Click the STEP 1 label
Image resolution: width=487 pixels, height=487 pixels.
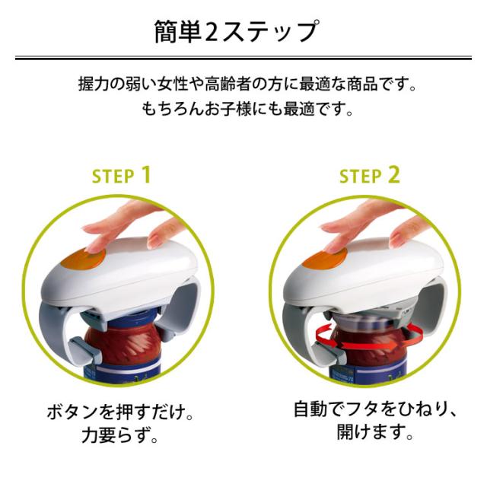pos(121,177)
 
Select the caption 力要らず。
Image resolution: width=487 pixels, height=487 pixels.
pos(121,438)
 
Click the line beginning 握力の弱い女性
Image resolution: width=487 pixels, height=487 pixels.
pos(247,83)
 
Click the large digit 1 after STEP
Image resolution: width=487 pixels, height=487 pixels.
pos(145,175)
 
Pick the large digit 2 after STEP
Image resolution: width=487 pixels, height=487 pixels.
pos(393,175)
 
